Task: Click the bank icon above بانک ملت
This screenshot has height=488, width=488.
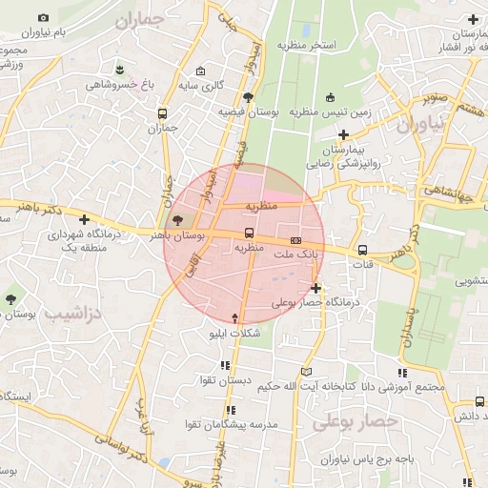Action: [x=295, y=240]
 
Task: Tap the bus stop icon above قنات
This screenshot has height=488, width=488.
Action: [x=362, y=251]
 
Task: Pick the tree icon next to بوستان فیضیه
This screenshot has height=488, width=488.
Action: [x=248, y=97]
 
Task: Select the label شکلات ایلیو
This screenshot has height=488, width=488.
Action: [x=234, y=335]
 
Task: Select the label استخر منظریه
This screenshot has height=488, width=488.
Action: [x=305, y=45]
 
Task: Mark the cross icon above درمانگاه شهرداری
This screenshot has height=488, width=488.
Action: [x=84, y=219]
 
